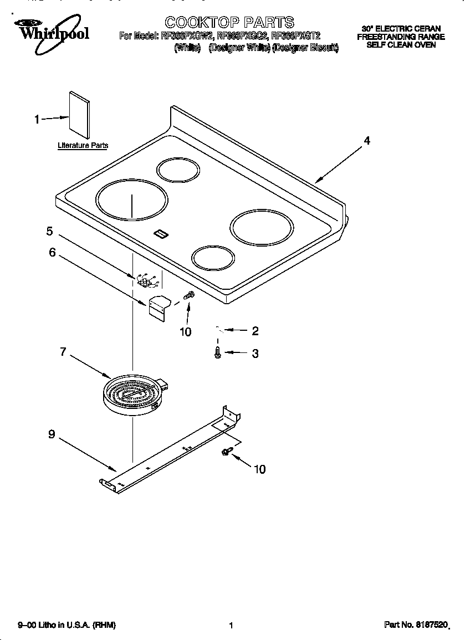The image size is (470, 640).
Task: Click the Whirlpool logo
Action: click(x=53, y=32)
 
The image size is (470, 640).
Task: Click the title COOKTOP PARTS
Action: click(x=229, y=22)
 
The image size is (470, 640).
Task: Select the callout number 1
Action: click(x=37, y=119)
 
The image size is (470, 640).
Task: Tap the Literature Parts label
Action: click(x=83, y=146)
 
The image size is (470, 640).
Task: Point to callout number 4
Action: click(x=366, y=141)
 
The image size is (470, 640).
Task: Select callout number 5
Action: click(x=49, y=231)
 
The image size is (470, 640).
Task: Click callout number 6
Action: click(x=52, y=252)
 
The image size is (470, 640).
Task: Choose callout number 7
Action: click(x=63, y=351)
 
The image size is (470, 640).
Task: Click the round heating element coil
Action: click(x=132, y=394)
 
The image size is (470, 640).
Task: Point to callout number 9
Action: click(x=51, y=435)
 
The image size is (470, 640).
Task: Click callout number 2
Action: click(x=255, y=331)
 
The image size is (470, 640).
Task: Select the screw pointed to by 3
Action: click(x=218, y=352)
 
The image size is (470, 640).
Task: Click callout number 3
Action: click(x=255, y=354)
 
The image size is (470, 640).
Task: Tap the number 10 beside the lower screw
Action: click(x=259, y=469)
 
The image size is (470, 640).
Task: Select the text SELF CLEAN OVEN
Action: click(x=401, y=44)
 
